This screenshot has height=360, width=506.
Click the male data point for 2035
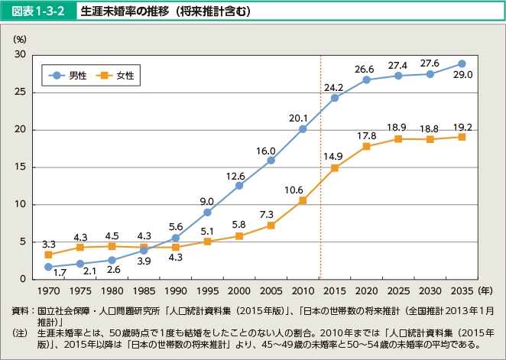[462, 63]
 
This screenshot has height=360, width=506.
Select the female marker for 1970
[48, 255]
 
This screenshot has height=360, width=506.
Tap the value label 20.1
[297, 118]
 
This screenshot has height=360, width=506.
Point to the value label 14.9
[332, 157]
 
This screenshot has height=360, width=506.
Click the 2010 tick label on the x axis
[303, 292]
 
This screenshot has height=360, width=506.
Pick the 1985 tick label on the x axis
[144, 292]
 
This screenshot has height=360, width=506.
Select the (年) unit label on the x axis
[484, 292]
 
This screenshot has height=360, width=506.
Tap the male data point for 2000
[239, 185]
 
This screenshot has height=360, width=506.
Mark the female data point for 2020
[366, 146]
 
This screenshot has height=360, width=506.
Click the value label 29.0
[462, 75]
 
